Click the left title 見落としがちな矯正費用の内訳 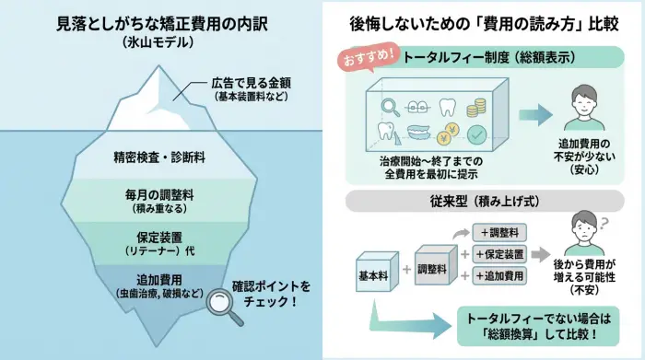161,23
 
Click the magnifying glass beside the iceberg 224,307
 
